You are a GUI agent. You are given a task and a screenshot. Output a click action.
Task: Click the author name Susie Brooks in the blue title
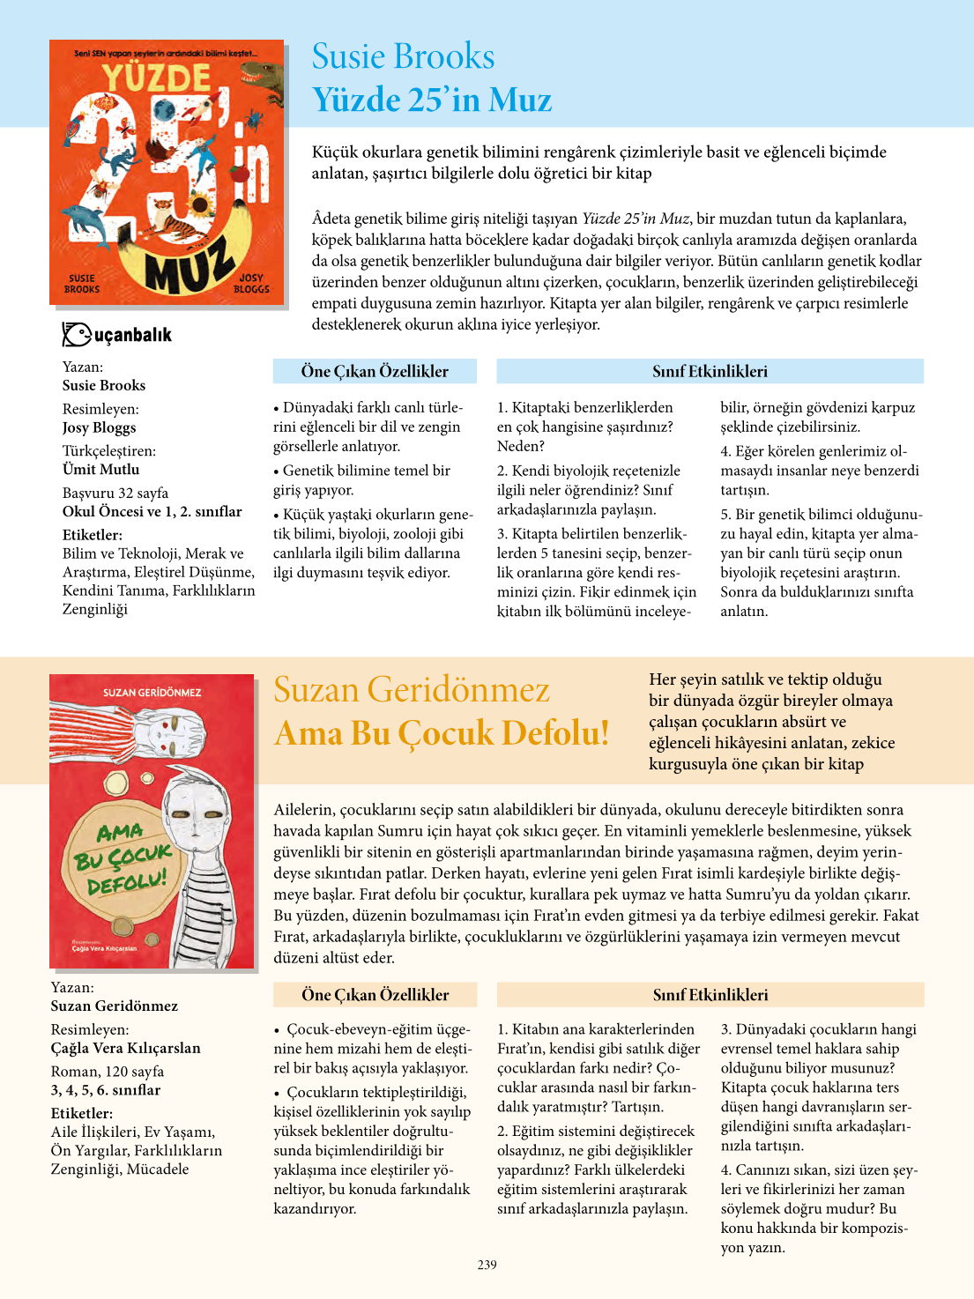click(403, 56)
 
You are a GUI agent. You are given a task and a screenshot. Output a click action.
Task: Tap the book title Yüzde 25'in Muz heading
click(432, 100)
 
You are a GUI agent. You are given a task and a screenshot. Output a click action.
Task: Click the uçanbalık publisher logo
click(117, 335)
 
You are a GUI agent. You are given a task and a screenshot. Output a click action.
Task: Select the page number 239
click(487, 1265)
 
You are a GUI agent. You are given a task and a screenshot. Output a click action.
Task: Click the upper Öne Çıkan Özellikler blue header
click(375, 372)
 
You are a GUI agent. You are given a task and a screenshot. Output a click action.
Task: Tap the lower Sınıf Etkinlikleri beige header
click(710, 995)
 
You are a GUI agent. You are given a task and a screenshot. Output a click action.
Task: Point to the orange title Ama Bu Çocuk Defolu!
click(442, 733)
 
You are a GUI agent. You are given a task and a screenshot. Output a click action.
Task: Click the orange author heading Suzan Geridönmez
click(412, 689)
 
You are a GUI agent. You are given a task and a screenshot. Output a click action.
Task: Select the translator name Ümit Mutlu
click(100, 470)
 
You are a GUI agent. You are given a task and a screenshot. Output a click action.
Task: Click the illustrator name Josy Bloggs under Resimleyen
click(99, 427)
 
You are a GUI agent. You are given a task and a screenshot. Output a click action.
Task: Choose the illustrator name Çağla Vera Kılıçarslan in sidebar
click(126, 1048)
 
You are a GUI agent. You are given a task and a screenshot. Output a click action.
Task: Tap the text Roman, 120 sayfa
click(108, 1072)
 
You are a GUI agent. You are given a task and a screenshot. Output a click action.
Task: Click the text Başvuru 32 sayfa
click(115, 493)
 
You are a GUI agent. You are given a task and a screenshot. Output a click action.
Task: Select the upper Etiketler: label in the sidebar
click(93, 535)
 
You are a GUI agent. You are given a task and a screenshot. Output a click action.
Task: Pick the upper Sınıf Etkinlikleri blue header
click(710, 372)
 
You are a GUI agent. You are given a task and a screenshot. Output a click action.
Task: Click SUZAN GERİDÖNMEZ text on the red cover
click(152, 693)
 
